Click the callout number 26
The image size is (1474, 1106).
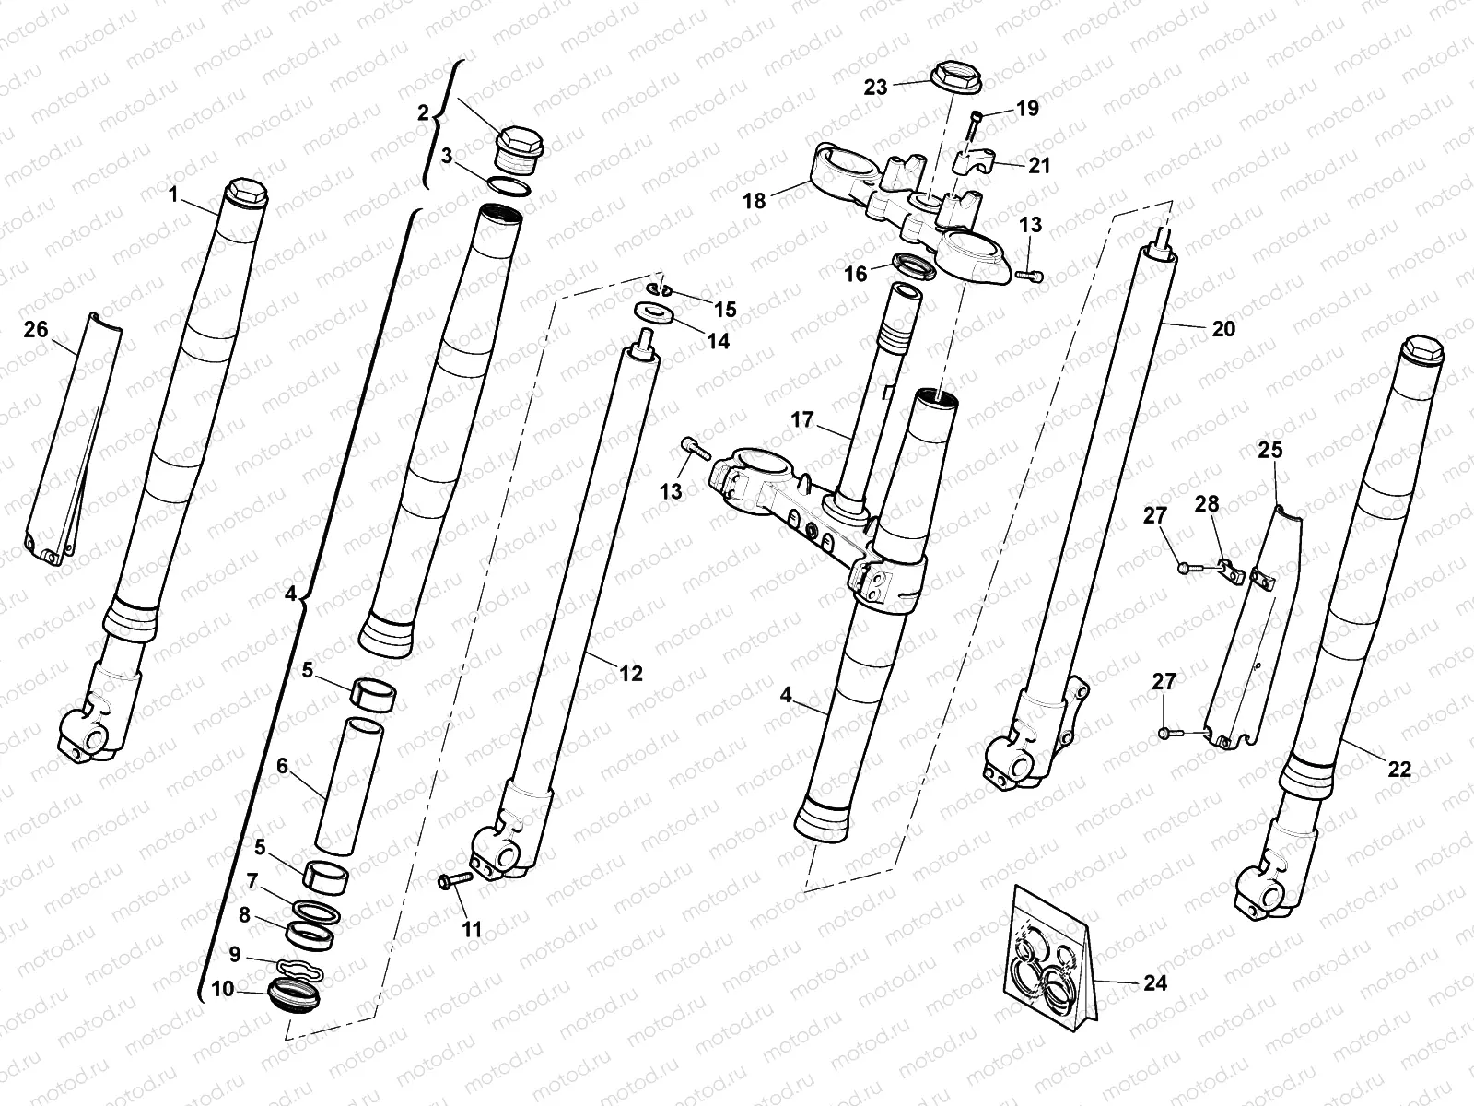tap(35, 330)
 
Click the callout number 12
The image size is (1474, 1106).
tap(630, 674)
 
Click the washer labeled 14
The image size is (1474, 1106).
tap(655, 314)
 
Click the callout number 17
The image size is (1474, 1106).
tap(801, 420)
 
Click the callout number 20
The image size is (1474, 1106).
tap(1223, 329)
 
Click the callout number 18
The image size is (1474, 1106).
tap(755, 200)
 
